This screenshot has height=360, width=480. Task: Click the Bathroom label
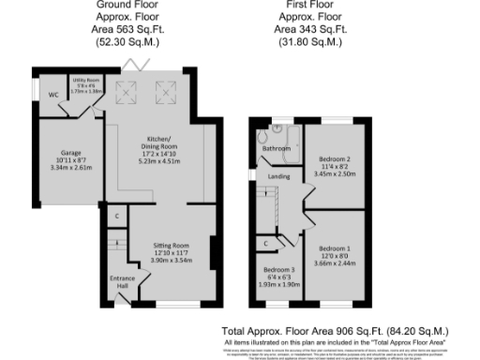pos(276,148)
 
